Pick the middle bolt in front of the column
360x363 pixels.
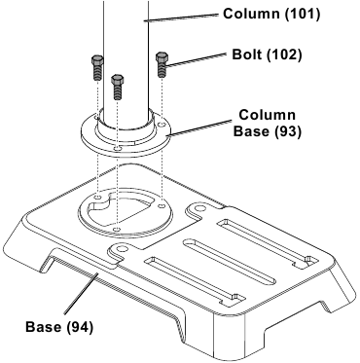coord(118,85)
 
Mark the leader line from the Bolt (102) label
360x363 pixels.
coord(199,60)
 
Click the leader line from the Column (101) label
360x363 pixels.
coord(185,17)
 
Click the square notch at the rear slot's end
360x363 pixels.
coord(305,259)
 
